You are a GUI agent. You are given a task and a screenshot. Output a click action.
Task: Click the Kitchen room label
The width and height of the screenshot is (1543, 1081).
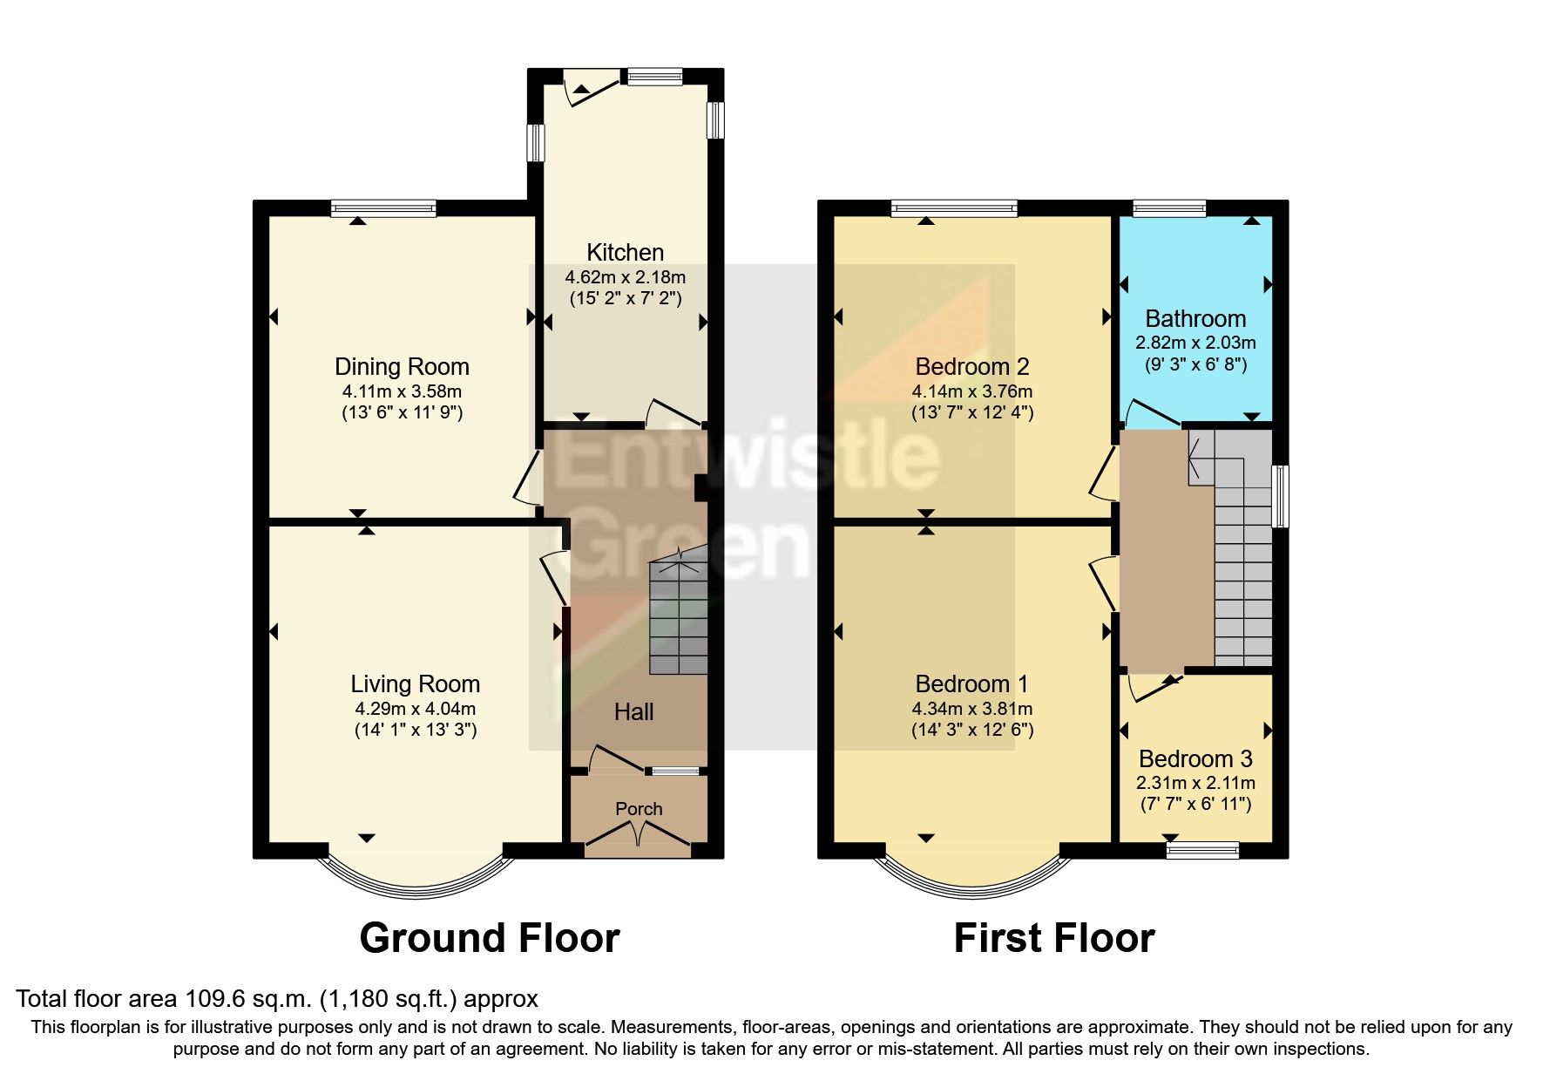coord(625,253)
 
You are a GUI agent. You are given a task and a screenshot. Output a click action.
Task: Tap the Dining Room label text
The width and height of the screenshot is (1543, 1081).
coord(402,367)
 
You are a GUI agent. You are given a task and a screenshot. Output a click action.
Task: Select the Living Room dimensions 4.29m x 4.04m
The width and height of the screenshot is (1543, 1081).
coord(415,709)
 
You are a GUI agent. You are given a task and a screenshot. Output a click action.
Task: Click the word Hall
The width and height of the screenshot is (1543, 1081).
coord(633,712)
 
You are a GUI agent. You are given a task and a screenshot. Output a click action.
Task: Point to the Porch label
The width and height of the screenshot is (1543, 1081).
coord(639,809)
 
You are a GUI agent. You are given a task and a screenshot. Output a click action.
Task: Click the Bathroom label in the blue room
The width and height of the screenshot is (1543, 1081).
coord(1194,319)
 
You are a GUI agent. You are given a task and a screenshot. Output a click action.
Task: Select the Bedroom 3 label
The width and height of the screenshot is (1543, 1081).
coord(1194,759)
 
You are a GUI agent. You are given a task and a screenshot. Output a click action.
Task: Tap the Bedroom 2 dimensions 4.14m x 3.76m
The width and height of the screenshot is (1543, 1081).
coord(971,391)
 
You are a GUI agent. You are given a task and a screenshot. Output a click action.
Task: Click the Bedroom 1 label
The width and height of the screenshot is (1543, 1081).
coord(971,684)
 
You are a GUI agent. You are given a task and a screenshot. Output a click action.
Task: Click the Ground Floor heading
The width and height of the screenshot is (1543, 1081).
coord(489,938)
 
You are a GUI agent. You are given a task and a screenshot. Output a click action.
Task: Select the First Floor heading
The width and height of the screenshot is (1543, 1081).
coord(1053,938)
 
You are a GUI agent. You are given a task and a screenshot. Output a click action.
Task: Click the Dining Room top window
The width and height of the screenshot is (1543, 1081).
coord(383,208)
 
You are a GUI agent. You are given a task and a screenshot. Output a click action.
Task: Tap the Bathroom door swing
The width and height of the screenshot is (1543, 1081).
coord(1148,415)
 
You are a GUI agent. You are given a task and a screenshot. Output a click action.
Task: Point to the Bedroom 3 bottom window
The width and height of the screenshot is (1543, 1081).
coord(1202,849)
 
